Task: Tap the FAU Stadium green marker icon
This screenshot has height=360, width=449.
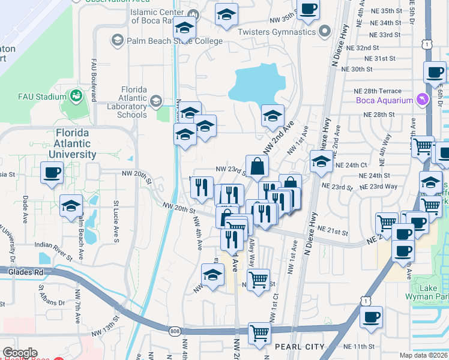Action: tap(76, 96)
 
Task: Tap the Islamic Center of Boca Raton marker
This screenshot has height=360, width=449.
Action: tap(193, 15)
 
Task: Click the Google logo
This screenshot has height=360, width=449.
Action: tap(20, 353)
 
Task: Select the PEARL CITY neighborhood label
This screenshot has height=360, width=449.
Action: tap(300, 347)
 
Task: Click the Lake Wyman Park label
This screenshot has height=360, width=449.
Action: tap(433, 292)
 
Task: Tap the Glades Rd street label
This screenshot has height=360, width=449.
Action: tap(26, 272)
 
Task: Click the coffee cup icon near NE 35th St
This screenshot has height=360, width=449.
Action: tap(308, 9)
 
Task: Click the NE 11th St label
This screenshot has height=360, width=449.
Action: tap(360, 347)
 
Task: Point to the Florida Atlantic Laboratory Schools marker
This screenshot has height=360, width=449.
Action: tap(156, 100)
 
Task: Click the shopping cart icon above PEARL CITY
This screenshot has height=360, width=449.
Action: tap(259, 332)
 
